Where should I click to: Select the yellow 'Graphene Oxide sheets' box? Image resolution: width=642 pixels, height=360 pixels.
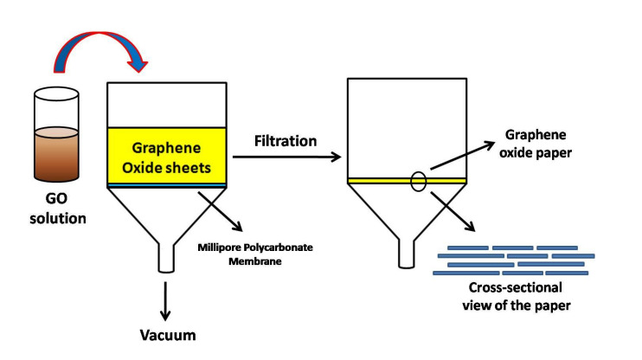[x=166, y=155]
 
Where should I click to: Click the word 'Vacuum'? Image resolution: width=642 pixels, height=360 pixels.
[x=168, y=334]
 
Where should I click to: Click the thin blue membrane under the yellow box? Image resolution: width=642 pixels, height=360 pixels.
[x=166, y=185]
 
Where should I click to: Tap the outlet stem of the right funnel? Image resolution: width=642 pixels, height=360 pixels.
[x=407, y=254]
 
